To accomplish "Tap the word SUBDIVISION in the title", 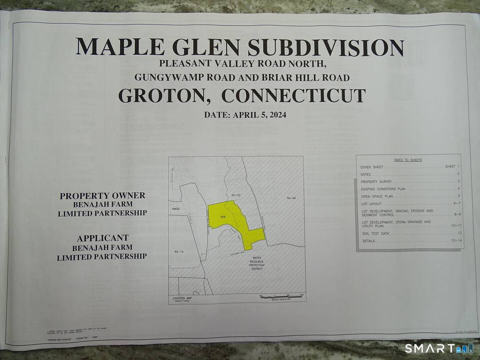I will pyautogui.click(x=325, y=48).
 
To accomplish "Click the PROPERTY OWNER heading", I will pyautogui.click(x=102, y=196).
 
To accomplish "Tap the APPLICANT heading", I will pyautogui.click(x=102, y=238).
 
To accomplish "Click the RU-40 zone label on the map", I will pyautogui.click(x=291, y=198).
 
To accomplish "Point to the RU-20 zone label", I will pyautogui.click(x=236, y=196).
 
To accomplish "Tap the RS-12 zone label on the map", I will pyautogui.click(x=179, y=252).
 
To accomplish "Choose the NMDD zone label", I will pyautogui.click(x=176, y=208).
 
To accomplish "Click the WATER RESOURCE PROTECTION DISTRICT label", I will pyautogui.click(x=257, y=263).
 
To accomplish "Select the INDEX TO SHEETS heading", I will pyautogui.click(x=408, y=160).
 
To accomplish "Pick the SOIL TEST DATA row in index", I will pyautogui.click(x=375, y=233).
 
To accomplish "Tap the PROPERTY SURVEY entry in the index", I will pyautogui.click(x=373, y=182).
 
